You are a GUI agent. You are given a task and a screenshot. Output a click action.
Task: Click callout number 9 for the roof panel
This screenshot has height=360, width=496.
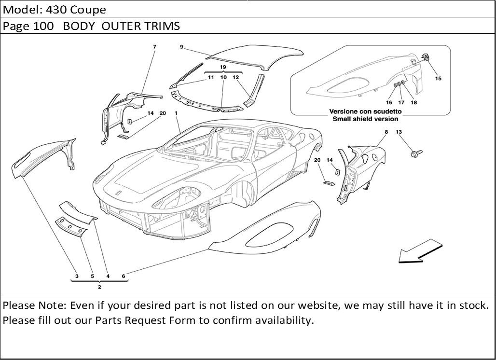pyautogui.click(x=181, y=47)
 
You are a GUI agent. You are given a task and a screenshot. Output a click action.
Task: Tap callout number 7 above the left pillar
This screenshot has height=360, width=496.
pyautogui.click(x=154, y=47)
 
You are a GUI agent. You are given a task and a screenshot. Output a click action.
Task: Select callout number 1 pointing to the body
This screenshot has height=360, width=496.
pyautogui.click(x=177, y=113)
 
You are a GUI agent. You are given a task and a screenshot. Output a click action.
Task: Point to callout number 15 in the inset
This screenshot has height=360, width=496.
pyautogui.click(x=438, y=78)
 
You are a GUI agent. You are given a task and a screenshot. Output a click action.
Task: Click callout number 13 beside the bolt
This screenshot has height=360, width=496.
pyautogui.click(x=399, y=132)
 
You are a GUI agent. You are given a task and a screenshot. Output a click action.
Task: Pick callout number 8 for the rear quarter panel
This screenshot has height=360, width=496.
pyautogui.click(x=386, y=132)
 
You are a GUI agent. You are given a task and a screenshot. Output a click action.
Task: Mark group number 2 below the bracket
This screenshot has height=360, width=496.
pyautogui.click(x=99, y=287)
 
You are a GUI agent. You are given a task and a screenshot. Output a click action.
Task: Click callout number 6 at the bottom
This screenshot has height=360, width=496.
pyautogui.click(x=124, y=276)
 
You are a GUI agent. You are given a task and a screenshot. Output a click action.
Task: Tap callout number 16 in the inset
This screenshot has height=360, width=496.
pyautogui.click(x=389, y=102)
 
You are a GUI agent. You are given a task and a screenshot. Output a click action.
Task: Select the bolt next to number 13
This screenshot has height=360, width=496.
pyautogui.click(x=415, y=154)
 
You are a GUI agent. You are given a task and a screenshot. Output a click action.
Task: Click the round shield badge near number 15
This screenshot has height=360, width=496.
pyautogui.click(x=427, y=57)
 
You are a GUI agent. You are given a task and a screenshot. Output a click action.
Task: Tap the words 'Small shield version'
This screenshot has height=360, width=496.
pyautogui.click(x=364, y=119)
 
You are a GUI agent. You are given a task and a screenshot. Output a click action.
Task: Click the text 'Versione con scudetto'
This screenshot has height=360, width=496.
pyautogui.click(x=365, y=111)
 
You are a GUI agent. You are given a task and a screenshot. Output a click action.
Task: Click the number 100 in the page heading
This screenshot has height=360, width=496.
pyautogui.click(x=46, y=26)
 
